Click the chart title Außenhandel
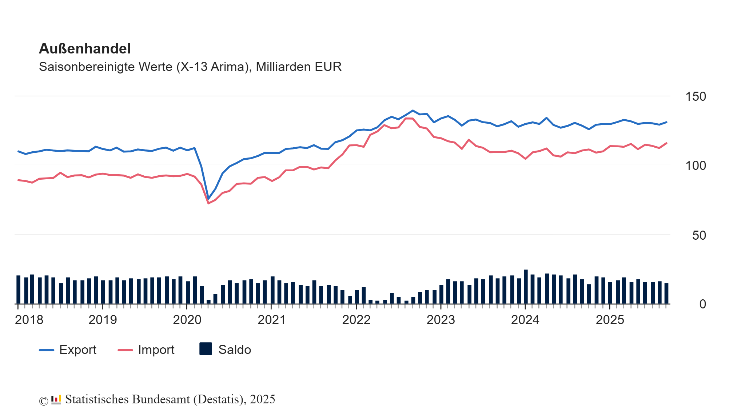[x=84, y=49]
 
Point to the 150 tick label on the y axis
[x=695, y=97]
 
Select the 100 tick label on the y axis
[x=695, y=166]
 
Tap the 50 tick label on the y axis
[x=699, y=236]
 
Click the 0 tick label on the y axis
[x=702, y=304]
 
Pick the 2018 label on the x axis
[x=29, y=320]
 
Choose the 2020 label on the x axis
[x=187, y=320]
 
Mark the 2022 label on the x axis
[x=356, y=320]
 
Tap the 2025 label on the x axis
[x=610, y=320]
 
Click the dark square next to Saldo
[x=206, y=349]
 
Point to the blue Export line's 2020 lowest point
[x=208, y=199]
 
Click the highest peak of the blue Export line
[x=413, y=111]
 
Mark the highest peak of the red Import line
[x=409, y=118]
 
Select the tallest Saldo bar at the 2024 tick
[x=526, y=287]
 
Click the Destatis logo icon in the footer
[x=56, y=400]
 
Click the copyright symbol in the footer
[x=44, y=401]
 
